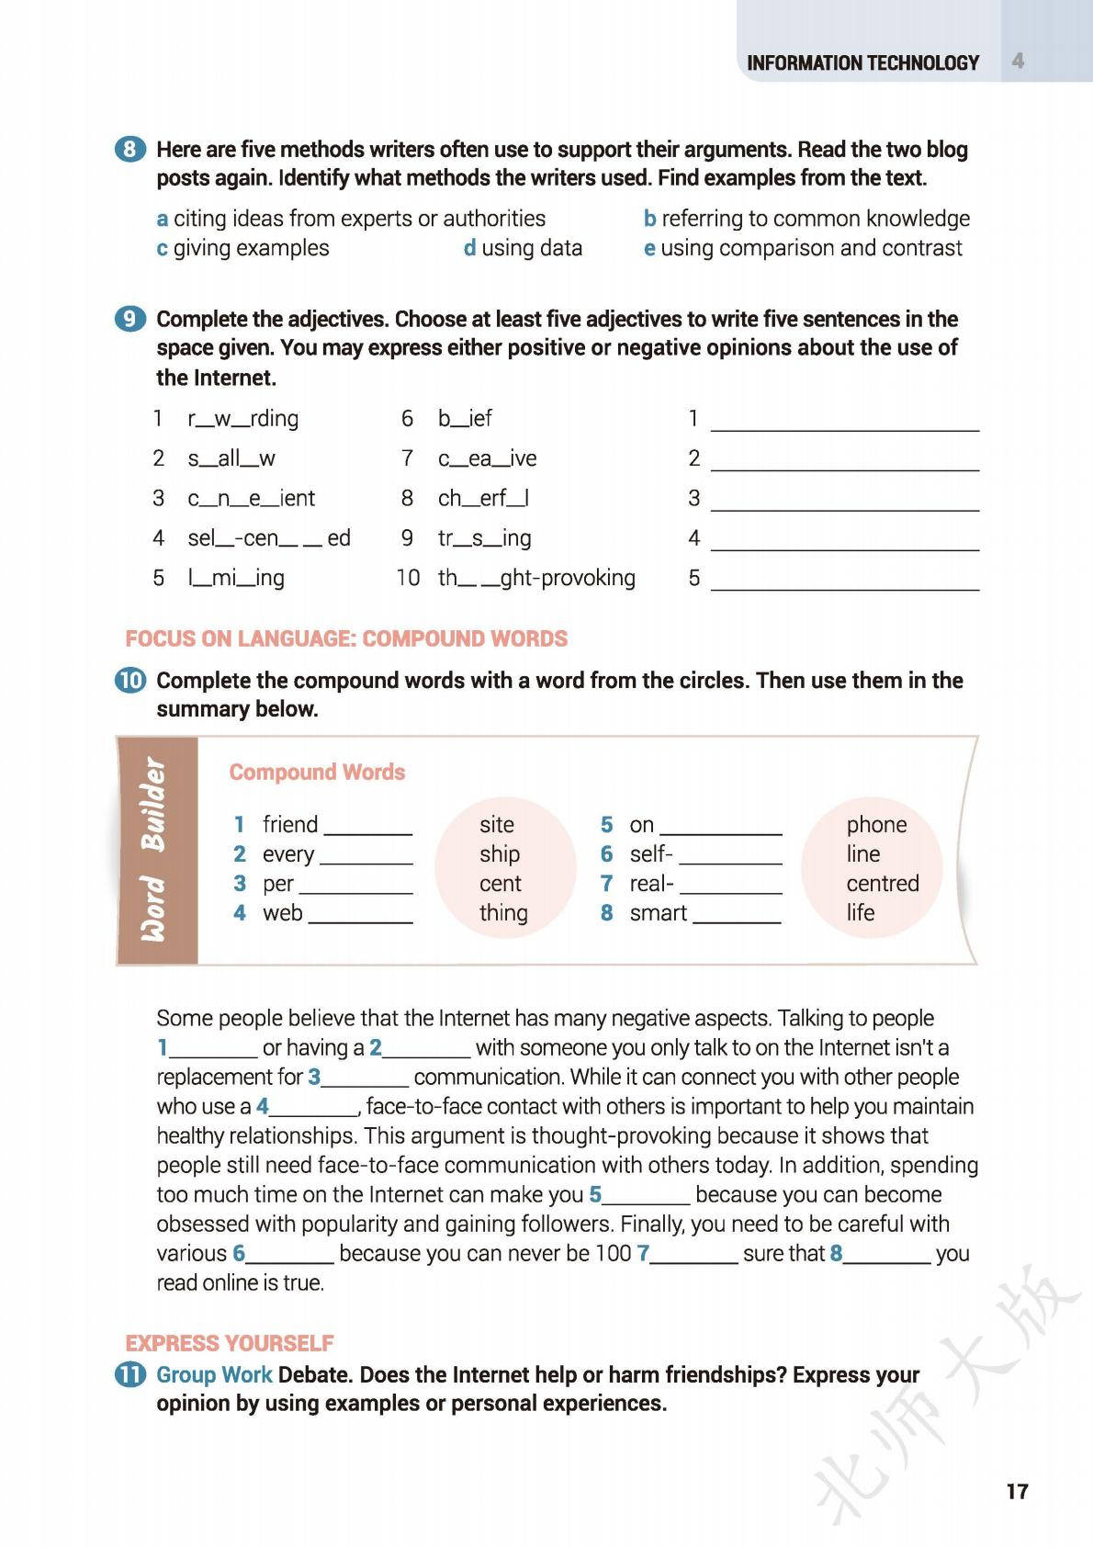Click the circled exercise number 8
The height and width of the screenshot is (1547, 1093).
click(130, 149)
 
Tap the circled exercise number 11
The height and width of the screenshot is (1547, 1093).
click(130, 1375)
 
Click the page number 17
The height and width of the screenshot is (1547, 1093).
click(1017, 1491)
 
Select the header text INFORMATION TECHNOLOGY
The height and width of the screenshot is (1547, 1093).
click(862, 62)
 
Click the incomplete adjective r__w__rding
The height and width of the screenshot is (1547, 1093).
click(242, 419)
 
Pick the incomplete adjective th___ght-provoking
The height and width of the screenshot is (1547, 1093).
click(536, 578)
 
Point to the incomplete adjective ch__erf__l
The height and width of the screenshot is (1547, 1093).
click(483, 498)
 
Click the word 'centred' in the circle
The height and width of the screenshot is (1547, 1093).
click(882, 883)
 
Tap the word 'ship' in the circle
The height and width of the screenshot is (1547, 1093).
click(499, 853)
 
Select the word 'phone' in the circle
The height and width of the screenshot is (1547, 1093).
click(876, 824)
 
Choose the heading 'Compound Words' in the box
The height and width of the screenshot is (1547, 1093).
click(317, 772)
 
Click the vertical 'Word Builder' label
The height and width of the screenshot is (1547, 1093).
click(154, 849)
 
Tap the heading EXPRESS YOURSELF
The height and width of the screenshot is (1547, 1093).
click(230, 1343)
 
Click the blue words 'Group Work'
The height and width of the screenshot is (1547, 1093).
click(214, 1375)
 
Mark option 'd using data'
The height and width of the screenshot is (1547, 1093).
click(523, 248)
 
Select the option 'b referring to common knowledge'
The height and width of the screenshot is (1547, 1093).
click(806, 219)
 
